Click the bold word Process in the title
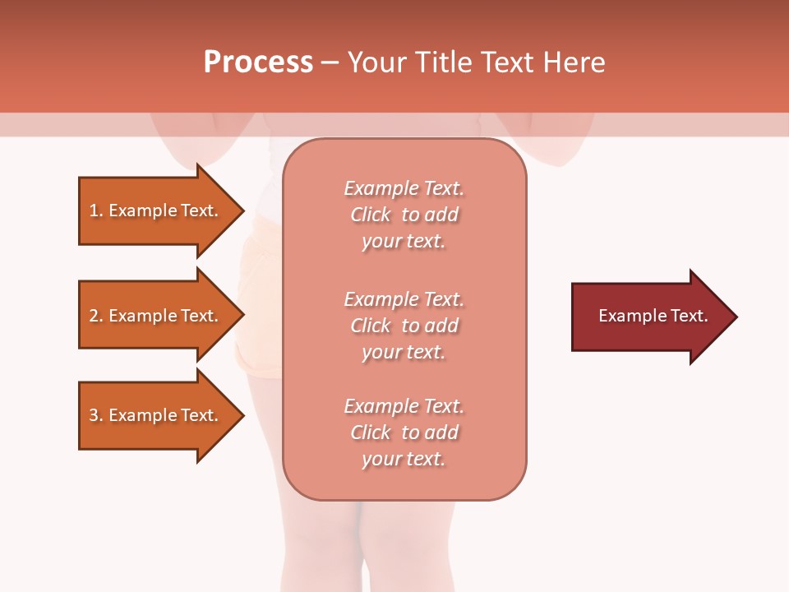point(258,62)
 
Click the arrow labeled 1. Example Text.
point(156,210)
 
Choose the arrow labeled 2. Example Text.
point(156,316)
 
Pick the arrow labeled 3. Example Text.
point(156,415)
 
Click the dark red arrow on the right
point(649,317)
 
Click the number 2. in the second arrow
point(96,316)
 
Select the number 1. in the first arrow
point(96,210)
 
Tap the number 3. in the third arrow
point(96,415)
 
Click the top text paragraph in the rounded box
point(404,215)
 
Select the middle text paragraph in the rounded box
point(404,325)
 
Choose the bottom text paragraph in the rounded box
point(404,432)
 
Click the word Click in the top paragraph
point(371,215)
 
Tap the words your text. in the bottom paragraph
point(404,459)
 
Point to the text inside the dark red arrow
point(653,316)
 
